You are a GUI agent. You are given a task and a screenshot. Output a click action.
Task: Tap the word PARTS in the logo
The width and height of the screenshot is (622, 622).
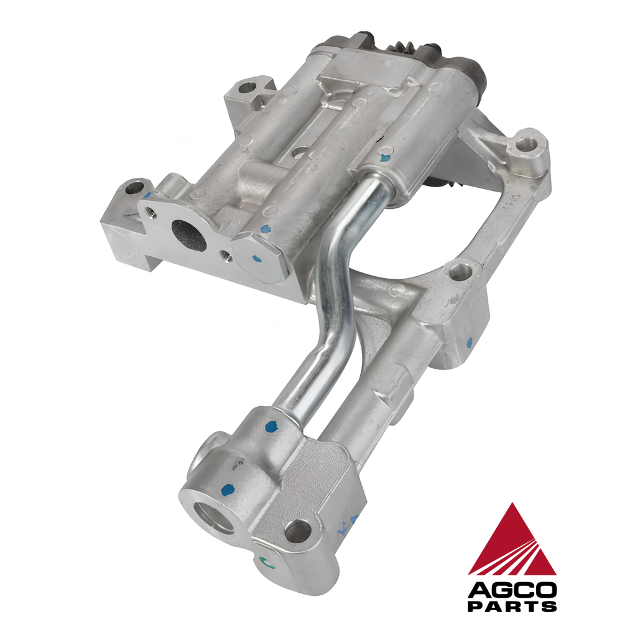click(x=512, y=606)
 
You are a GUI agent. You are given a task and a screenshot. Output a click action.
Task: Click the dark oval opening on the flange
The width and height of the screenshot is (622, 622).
click(x=189, y=236)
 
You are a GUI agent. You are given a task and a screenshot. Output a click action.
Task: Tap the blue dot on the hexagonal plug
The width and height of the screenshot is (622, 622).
click(x=257, y=259)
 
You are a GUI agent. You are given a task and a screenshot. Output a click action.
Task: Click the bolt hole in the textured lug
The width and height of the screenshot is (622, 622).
click(x=297, y=532)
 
